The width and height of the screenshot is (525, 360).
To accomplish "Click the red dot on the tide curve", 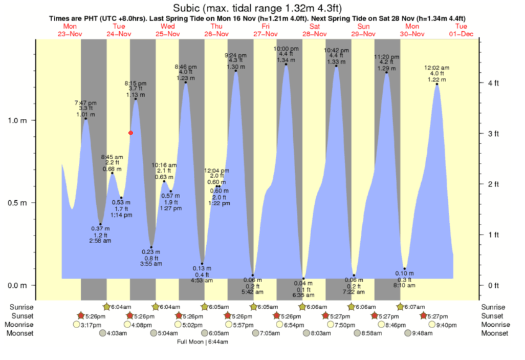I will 131,133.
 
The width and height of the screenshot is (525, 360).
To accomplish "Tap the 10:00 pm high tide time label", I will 286,49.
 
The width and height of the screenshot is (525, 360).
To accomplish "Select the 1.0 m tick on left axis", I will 20,120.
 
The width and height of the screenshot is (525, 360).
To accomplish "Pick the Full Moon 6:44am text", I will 203,342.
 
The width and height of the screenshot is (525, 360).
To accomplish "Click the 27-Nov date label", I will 266,34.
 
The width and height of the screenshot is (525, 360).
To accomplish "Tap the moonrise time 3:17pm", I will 91,325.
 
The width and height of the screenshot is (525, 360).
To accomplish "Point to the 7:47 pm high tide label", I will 85,102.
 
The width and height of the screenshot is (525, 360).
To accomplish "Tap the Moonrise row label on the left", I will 20,325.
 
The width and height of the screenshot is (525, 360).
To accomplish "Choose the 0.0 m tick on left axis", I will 20,285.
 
